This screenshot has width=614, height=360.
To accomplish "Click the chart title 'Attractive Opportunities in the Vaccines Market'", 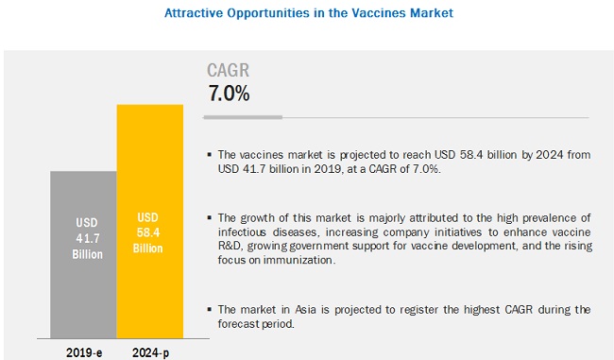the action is click(309, 13).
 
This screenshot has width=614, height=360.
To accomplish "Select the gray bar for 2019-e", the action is click(83, 254).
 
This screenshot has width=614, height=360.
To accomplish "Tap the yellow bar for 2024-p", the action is click(150, 221).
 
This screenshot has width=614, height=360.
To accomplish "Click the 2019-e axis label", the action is click(84, 352).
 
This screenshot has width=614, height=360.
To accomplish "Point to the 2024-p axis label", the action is click(151, 353).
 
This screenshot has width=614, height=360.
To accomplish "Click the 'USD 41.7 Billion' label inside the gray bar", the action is click(87, 238).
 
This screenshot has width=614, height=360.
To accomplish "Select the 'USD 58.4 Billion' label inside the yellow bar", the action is click(147, 232).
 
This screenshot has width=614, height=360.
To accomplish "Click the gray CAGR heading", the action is click(228, 71).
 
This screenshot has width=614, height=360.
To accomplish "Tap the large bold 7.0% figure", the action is click(229, 94).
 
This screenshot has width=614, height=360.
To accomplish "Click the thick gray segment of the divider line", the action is click(243, 117).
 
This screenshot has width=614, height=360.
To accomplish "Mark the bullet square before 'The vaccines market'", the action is click(210, 155).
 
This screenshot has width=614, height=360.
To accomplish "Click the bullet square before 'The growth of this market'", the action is click(210, 217).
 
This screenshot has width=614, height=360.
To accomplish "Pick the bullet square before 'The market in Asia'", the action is click(210, 310).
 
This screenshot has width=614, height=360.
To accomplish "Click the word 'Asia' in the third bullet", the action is click(305, 310).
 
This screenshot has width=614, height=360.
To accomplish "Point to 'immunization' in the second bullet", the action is click(299, 260).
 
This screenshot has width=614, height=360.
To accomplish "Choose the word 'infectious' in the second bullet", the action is click(242, 231).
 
